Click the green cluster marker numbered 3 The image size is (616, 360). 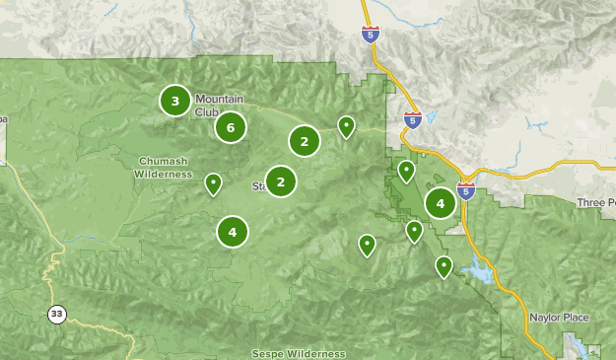(175, 100)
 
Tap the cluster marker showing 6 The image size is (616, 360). (230, 127)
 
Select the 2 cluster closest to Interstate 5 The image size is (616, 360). (305, 141)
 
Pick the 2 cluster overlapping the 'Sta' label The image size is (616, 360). (281, 181)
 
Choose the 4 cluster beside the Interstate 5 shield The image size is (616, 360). (440, 204)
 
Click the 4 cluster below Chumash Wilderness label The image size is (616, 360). (233, 232)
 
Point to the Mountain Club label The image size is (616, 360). (219, 105)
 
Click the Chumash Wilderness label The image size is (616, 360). (164, 167)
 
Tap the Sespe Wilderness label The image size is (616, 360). (298, 353)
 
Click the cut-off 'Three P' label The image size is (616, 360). (595, 202)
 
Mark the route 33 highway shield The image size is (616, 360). (57, 314)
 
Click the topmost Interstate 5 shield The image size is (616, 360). (369, 36)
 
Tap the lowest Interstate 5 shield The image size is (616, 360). (465, 190)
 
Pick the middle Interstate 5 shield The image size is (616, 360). (412, 120)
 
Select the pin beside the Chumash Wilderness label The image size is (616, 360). (213, 183)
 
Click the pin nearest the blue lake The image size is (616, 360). (444, 265)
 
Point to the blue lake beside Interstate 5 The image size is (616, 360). (478, 272)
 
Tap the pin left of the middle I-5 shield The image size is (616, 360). (346, 126)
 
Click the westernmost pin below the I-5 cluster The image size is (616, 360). (367, 244)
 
